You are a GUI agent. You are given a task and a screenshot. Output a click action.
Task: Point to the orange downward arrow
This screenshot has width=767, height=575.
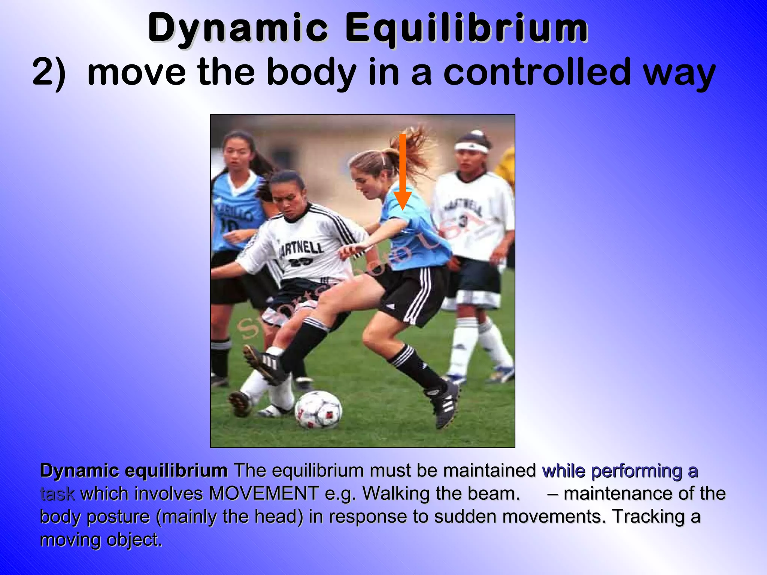pyautogui.click(x=403, y=172)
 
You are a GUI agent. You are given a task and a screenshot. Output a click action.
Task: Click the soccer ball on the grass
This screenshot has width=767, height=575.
pyautogui.click(x=318, y=410)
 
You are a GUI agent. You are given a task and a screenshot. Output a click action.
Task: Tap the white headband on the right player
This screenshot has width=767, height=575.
pyautogui.click(x=472, y=147)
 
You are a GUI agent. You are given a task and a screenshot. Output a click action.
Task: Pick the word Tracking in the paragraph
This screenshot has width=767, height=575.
pyautogui.click(x=648, y=517)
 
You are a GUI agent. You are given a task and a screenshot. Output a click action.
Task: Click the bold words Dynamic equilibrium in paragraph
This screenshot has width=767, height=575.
pyautogui.click(x=134, y=471)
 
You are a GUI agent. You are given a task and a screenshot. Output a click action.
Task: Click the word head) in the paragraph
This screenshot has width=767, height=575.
pyautogui.click(x=279, y=517)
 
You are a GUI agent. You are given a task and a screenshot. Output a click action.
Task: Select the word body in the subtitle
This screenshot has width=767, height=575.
pyautogui.click(x=311, y=72)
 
